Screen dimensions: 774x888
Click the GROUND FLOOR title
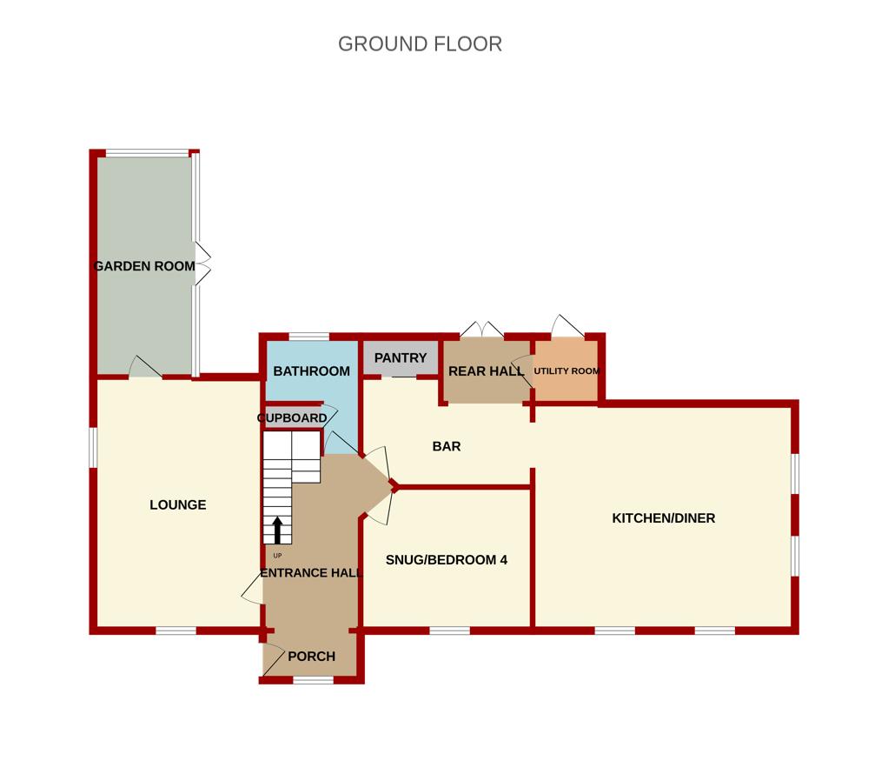click(420, 43)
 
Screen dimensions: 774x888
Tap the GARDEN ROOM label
click(144, 266)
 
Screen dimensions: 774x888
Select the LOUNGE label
click(178, 504)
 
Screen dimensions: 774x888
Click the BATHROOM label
click(311, 371)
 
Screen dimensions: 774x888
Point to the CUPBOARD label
click(292, 418)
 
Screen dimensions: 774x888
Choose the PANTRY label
click(401, 358)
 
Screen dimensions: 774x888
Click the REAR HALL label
click(486, 371)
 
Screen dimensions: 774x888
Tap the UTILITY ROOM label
click(567, 371)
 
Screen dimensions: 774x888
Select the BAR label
click(447, 447)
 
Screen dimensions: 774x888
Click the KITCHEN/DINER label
click(664, 518)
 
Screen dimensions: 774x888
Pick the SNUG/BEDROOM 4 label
click(447, 560)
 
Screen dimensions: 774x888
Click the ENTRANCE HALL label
click(305, 573)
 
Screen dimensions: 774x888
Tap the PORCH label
click(311, 657)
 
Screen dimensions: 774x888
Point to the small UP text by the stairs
click(277, 556)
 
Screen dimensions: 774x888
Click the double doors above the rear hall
click(482, 329)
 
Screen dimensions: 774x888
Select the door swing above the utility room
click(566, 326)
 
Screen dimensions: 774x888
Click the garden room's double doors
click(203, 264)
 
